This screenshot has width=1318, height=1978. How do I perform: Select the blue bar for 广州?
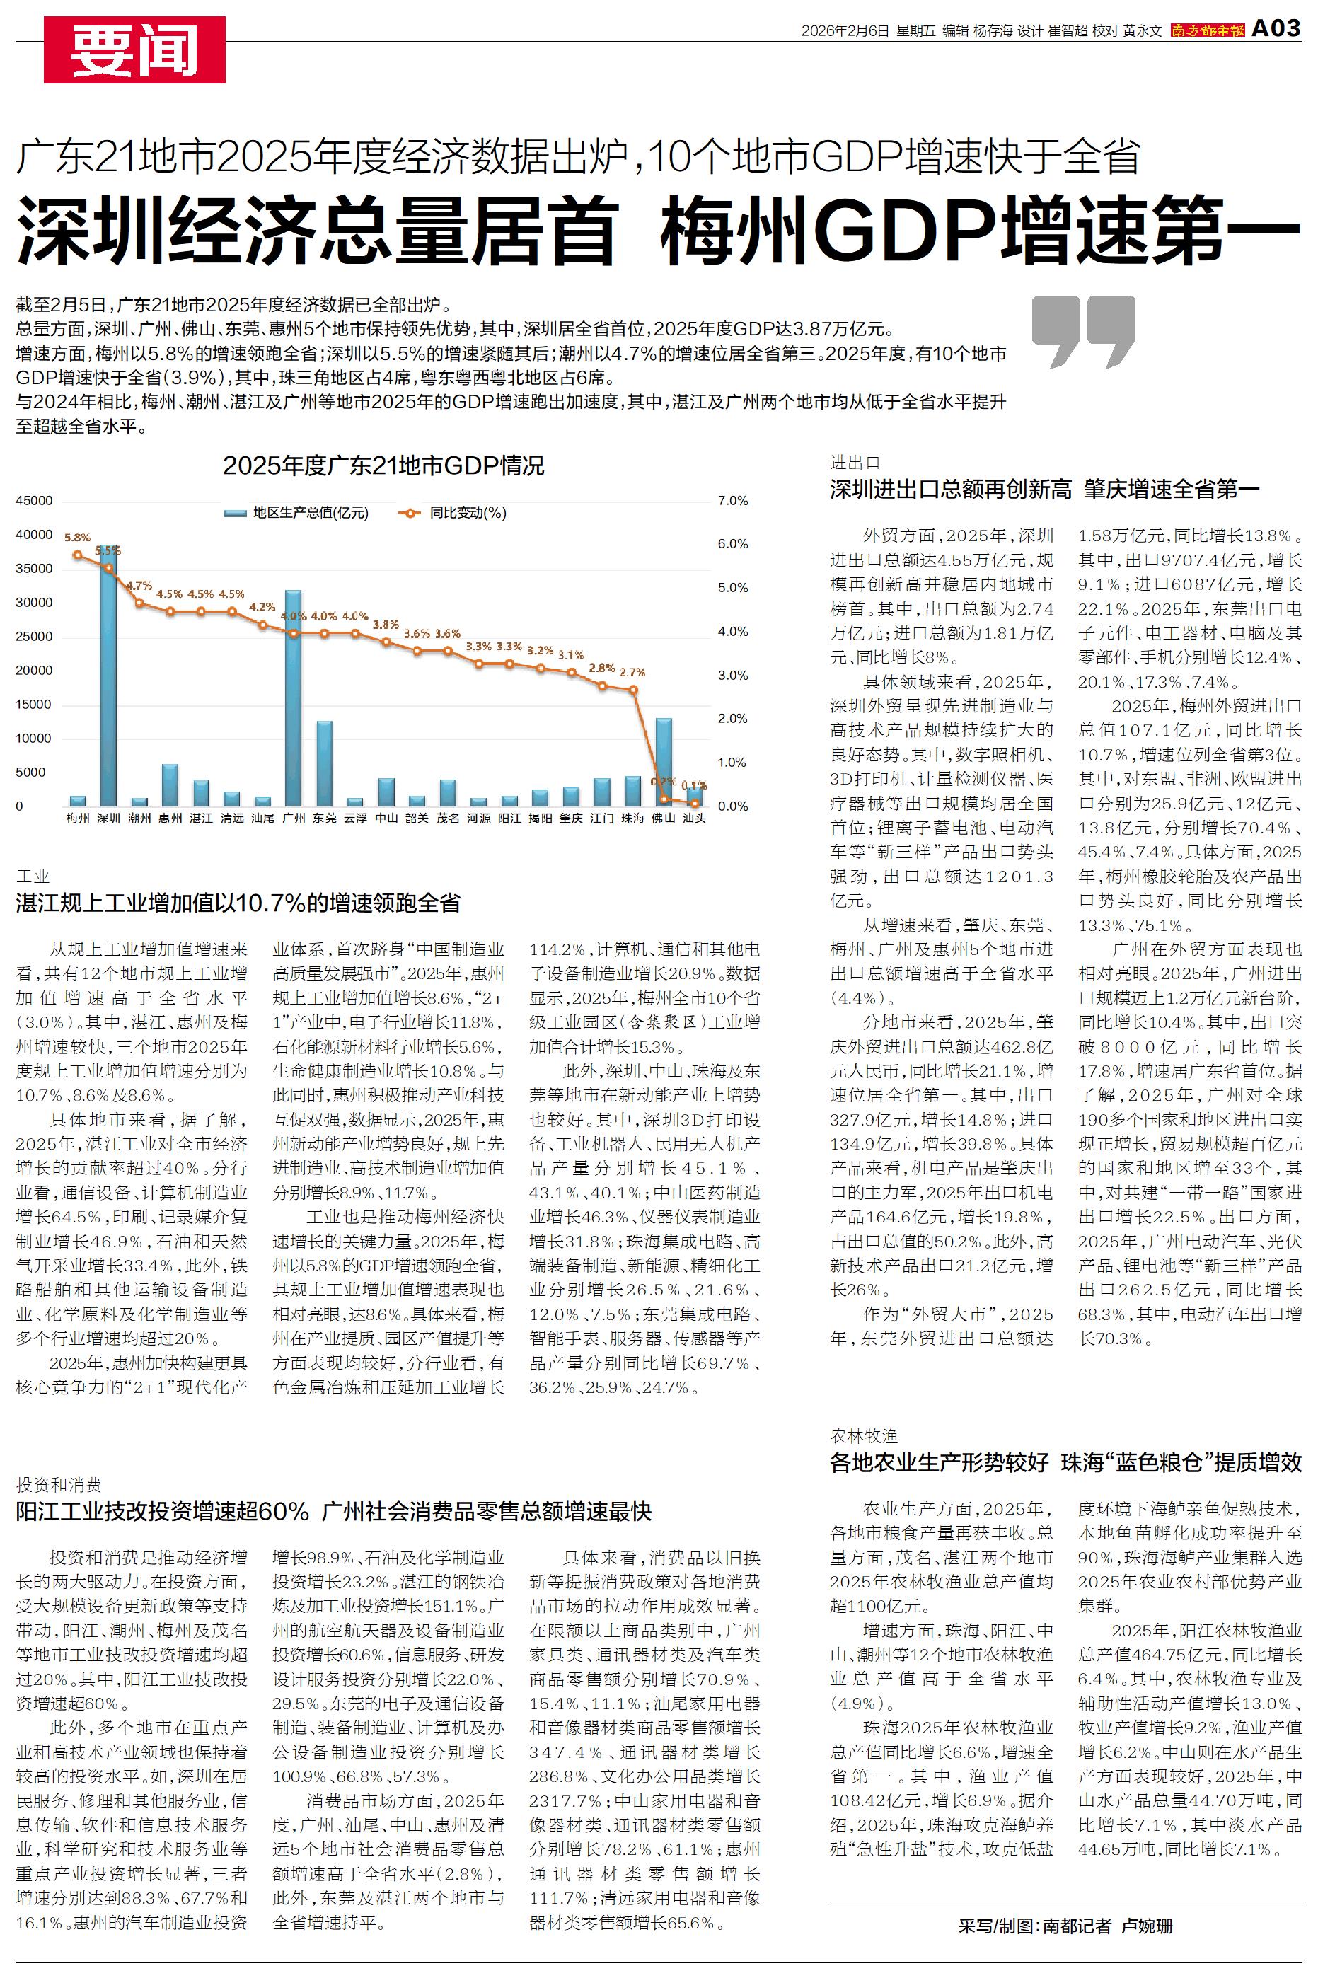point(294,698)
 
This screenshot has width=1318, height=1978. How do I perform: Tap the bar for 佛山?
point(664,761)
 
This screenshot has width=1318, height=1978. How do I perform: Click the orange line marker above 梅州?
point(77,555)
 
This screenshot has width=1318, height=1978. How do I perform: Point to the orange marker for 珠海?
point(633,690)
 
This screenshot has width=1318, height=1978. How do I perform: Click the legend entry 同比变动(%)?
point(455,513)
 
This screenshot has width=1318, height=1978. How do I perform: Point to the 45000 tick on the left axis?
point(35,501)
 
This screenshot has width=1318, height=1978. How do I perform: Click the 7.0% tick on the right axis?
point(732,501)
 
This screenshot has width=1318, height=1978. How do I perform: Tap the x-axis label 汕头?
point(694,818)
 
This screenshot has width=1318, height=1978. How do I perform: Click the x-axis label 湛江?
point(201,818)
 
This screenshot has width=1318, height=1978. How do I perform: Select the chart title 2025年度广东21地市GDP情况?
point(383,465)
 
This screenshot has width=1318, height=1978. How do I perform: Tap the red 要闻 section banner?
point(134,50)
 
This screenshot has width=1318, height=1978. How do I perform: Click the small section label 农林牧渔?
point(864,1436)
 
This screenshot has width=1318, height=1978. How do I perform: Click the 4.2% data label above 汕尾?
point(262,607)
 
